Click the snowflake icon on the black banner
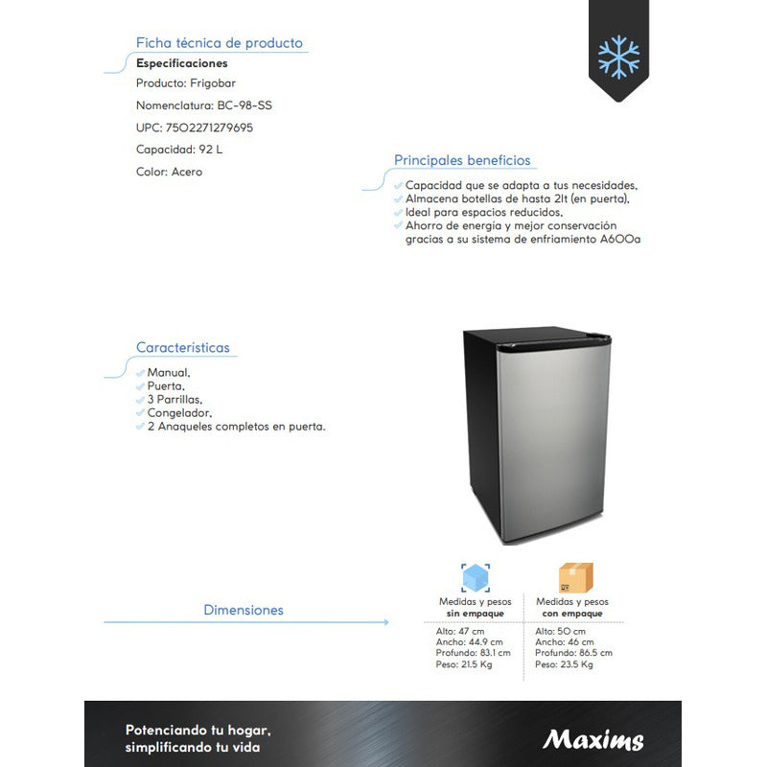pyautogui.click(x=618, y=57)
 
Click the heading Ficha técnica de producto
pyautogui.click(x=219, y=43)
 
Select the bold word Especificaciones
pyautogui.click(x=182, y=63)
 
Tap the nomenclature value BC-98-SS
pyautogui.click(x=238, y=105)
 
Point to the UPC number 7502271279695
pyautogui.click(x=209, y=128)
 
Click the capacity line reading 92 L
pyautogui.click(x=180, y=150)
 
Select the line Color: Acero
pyautogui.click(x=170, y=172)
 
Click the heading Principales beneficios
pyautogui.click(x=462, y=160)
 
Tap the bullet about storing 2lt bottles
pyautogui.click(x=517, y=198)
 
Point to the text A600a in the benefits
pyautogui.click(x=621, y=239)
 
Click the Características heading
pyautogui.click(x=183, y=347)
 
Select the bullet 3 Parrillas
pyautogui.click(x=174, y=399)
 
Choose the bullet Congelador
pyautogui.click(x=179, y=412)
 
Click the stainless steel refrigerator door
pyautogui.click(x=554, y=436)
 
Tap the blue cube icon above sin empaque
pyautogui.click(x=476, y=578)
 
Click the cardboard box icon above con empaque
pyautogui.click(x=575, y=578)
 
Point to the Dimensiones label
pyautogui.click(x=244, y=610)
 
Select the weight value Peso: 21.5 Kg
pyautogui.click(x=464, y=664)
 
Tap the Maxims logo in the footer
pyautogui.click(x=593, y=739)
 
